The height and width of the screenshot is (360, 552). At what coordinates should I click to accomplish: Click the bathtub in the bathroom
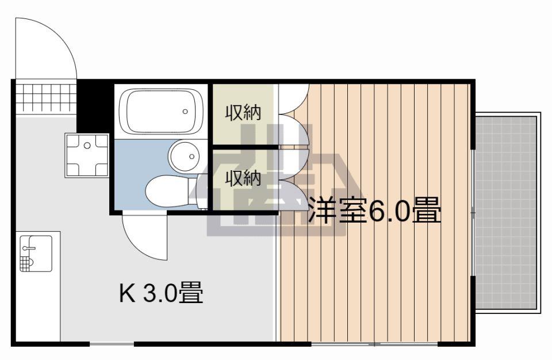pyautogui.click(x=161, y=112)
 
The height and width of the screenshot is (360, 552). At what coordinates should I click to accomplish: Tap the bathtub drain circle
pyautogui.click(x=185, y=112)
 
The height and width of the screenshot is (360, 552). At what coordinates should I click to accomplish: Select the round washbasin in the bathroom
pyautogui.click(x=184, y=156)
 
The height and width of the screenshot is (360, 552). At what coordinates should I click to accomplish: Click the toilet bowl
pyautogui.click(x=167, y=192)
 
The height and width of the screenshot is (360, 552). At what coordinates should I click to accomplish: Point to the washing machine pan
pyautogui.click(x=87, y=155)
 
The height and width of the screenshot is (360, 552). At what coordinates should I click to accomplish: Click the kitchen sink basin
pyautogui.click(x=36, y=254)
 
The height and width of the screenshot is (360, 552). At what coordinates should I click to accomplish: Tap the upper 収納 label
pyautogui.click(x=243, y=113)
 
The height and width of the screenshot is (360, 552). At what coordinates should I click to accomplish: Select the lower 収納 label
pyautogui.click(x=243, y=178)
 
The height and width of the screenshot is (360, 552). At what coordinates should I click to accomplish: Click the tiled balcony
pyautogui.click(x=506, y=212)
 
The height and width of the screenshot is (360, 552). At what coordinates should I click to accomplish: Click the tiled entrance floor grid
pyautogui.click(x=46, y=98)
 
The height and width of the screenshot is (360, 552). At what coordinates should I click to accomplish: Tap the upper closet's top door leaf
pyautogui.click(x=293, y=99)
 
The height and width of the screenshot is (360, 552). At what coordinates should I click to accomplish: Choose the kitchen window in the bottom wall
pyautogui.click(x=112, y=343)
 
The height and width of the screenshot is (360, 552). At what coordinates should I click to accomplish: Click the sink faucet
pyautogui.click(x=29, y=248)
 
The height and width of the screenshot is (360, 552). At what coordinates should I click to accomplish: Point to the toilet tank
pyautogui.click(x=194, y=192)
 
